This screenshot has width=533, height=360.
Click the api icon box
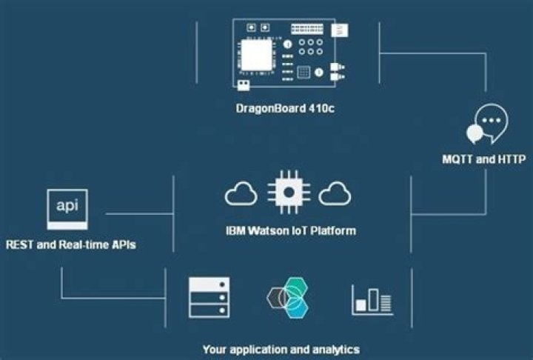coord(67,208)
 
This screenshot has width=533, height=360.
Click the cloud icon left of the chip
coord(241,195)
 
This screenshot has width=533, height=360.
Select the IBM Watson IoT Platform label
coord(290,230)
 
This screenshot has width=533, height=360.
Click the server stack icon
coord(209,297)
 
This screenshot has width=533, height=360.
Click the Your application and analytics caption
coord(281,348)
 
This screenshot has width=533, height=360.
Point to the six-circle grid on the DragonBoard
coord(310,48)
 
